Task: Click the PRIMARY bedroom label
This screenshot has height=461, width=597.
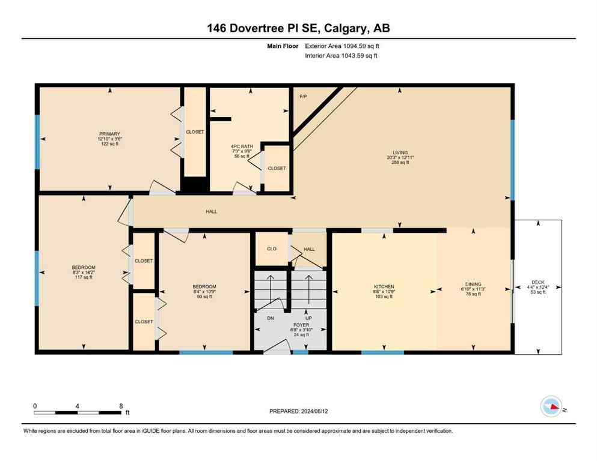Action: coord(110,134)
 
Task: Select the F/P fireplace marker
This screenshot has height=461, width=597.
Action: coord(304,96)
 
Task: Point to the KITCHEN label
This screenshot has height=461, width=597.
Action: coord(383,286)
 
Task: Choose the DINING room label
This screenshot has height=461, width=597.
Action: coord(473,285)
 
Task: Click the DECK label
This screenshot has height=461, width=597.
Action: coord(537,282)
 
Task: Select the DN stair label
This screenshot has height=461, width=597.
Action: coord(270,318)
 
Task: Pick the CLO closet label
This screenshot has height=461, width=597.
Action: coord(271,249)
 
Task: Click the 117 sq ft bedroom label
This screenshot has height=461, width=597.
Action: coord(83,277)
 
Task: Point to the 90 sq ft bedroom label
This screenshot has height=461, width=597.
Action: coord(204,296)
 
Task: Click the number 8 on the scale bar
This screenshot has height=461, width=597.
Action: coord(121,406)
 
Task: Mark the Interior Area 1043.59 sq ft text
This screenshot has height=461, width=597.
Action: coord(341,56)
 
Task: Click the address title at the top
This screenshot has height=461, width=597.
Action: coord(298,28)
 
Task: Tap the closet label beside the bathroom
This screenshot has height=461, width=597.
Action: coord(277,168)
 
